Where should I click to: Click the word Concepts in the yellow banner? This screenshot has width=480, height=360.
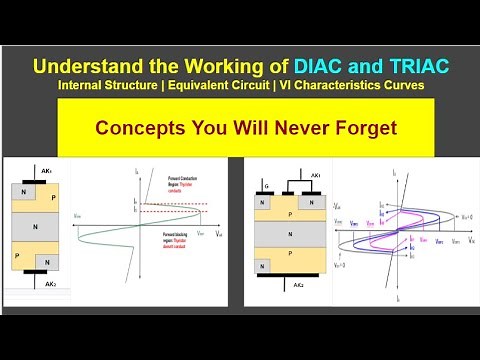(135, 128)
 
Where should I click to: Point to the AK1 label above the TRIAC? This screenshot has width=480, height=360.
(314, 175)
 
